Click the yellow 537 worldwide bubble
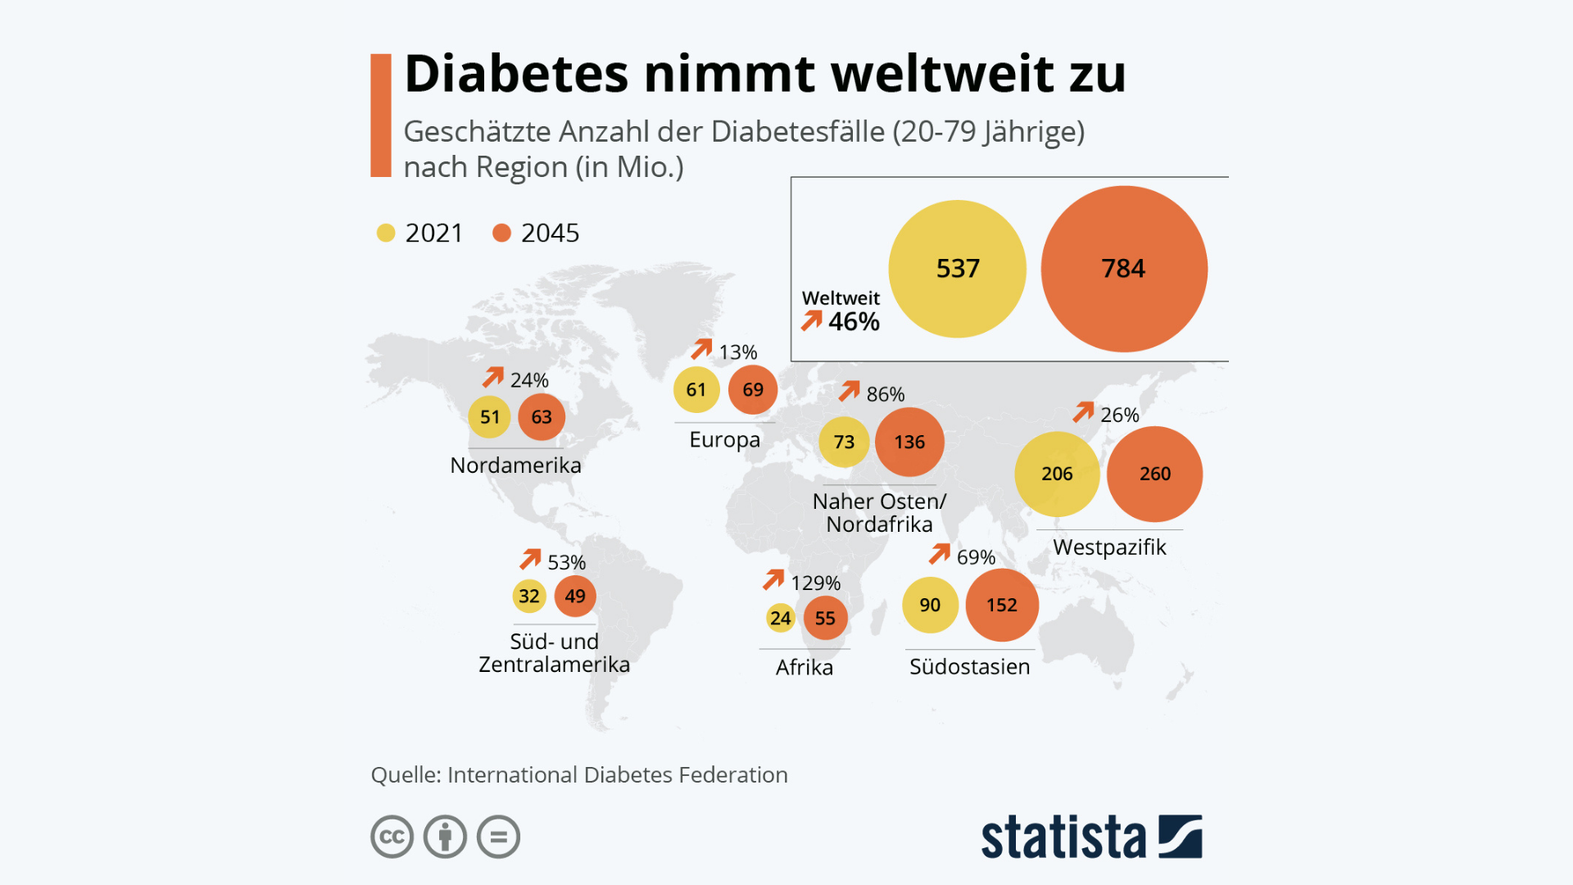pyautogui.click(x=957, y=269)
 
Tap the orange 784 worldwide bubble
pyautogui.click(x=1124, y=269)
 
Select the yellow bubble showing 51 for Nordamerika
pyautogui.click(x=490, y=416)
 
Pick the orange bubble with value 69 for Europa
pyautogui.click(x=753, y=390)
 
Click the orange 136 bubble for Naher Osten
pyautogui.click(x=909, y=442)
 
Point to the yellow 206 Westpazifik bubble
pyautogui.click(x=1057, y=474)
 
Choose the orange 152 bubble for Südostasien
pyautogui.click(x=1002, y=605)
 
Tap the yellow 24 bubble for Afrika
pyautogui.click(x=781, y=618)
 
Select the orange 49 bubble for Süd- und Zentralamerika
pyautogui.click(x=575, y=596)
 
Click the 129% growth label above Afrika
pyautogui.click(x=815, y=583)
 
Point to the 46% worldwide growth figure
pyautogui.click(x=854, y=321)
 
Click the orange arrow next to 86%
pyautogui.click(x=850, y=391)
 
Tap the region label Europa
pyautogui.click(x=724, y=440)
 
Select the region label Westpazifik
pyautogui.click(x=1109, y=547)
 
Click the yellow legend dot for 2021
pyautogui.click(x=386, y=233)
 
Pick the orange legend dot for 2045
pyautogui.click(x=501, y=233)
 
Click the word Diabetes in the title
pyautogui.click(x=516, y=74)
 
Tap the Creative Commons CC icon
pyautogui.click(x=392, y=837)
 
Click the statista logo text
pyautogui.click(x=1063, y=837)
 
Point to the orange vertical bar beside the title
pyautogui.click(x=381, y=116)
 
